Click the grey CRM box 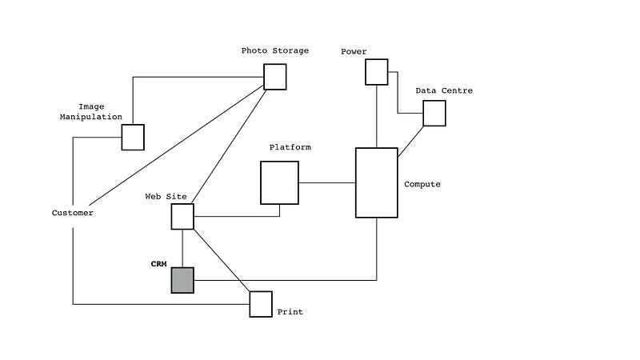coord(182,281)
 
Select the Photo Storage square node coord(275,77)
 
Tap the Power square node coord(377,72)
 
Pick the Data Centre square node coord(434,114)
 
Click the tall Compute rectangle coord(377,182)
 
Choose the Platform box coord(279,182)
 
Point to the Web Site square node coord(182,217)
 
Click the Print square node coord(261,304)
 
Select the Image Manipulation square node coord(133,137)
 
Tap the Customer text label coord(73,213)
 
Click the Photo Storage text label coord(275,51)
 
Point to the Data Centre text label coord(444,90)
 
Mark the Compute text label coord(422,184)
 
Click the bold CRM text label coord(159,263)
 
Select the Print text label coord(290,312)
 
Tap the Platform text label coord(290,147)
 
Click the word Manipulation coord(91,117)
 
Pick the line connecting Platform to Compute coord(327,183)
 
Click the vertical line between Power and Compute coord(377,116)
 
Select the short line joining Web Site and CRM coord(182,249)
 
